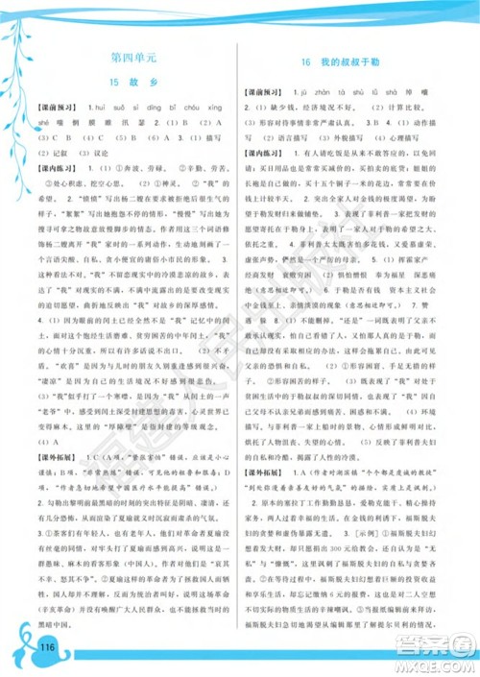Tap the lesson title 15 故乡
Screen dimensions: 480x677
pyautogui.click(x=132, y=85)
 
